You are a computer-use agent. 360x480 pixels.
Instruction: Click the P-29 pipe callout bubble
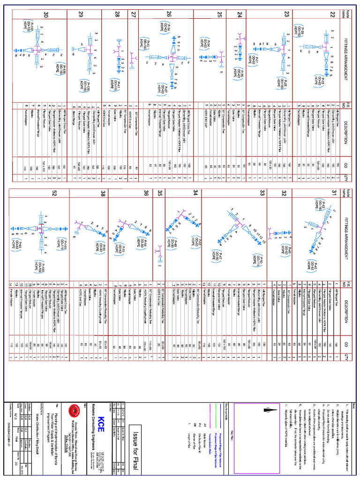[299, 29]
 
